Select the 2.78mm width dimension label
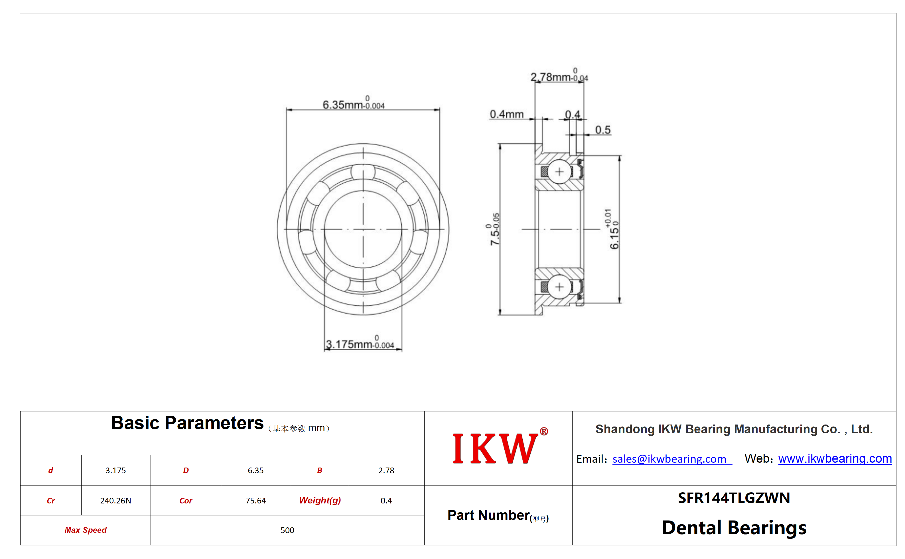point(559,76)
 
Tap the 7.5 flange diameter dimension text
point(494,229)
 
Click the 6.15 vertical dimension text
point(613,229)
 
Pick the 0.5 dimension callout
point(603,130)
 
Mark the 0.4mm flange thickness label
point(506,114)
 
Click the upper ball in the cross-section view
point(559,172)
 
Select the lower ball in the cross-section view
point(559,287)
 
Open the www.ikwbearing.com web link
point(835,458)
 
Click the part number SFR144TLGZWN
point(734,498)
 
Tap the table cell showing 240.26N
point(115,501)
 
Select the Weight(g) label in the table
point(320,501)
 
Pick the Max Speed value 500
point(287,530)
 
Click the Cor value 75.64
point(256,501)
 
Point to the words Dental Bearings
point(734,528)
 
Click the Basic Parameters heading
point(187,423)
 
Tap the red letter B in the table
point(320,470)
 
